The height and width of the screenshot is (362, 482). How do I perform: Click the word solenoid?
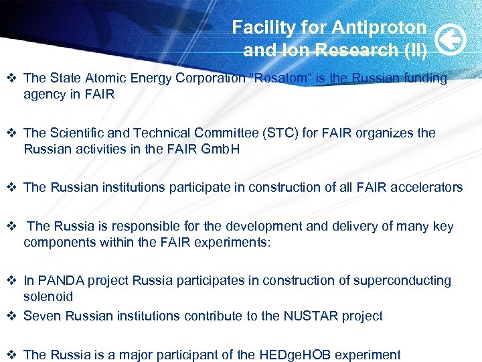click(48, 296)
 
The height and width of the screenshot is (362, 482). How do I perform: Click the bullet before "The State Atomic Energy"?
click(11, 78)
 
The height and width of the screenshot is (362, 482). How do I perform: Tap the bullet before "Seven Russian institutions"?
click(11, 316)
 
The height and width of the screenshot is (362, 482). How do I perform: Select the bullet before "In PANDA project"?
click(11, 280)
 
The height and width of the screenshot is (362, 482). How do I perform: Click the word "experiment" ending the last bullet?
click(368, 355)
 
